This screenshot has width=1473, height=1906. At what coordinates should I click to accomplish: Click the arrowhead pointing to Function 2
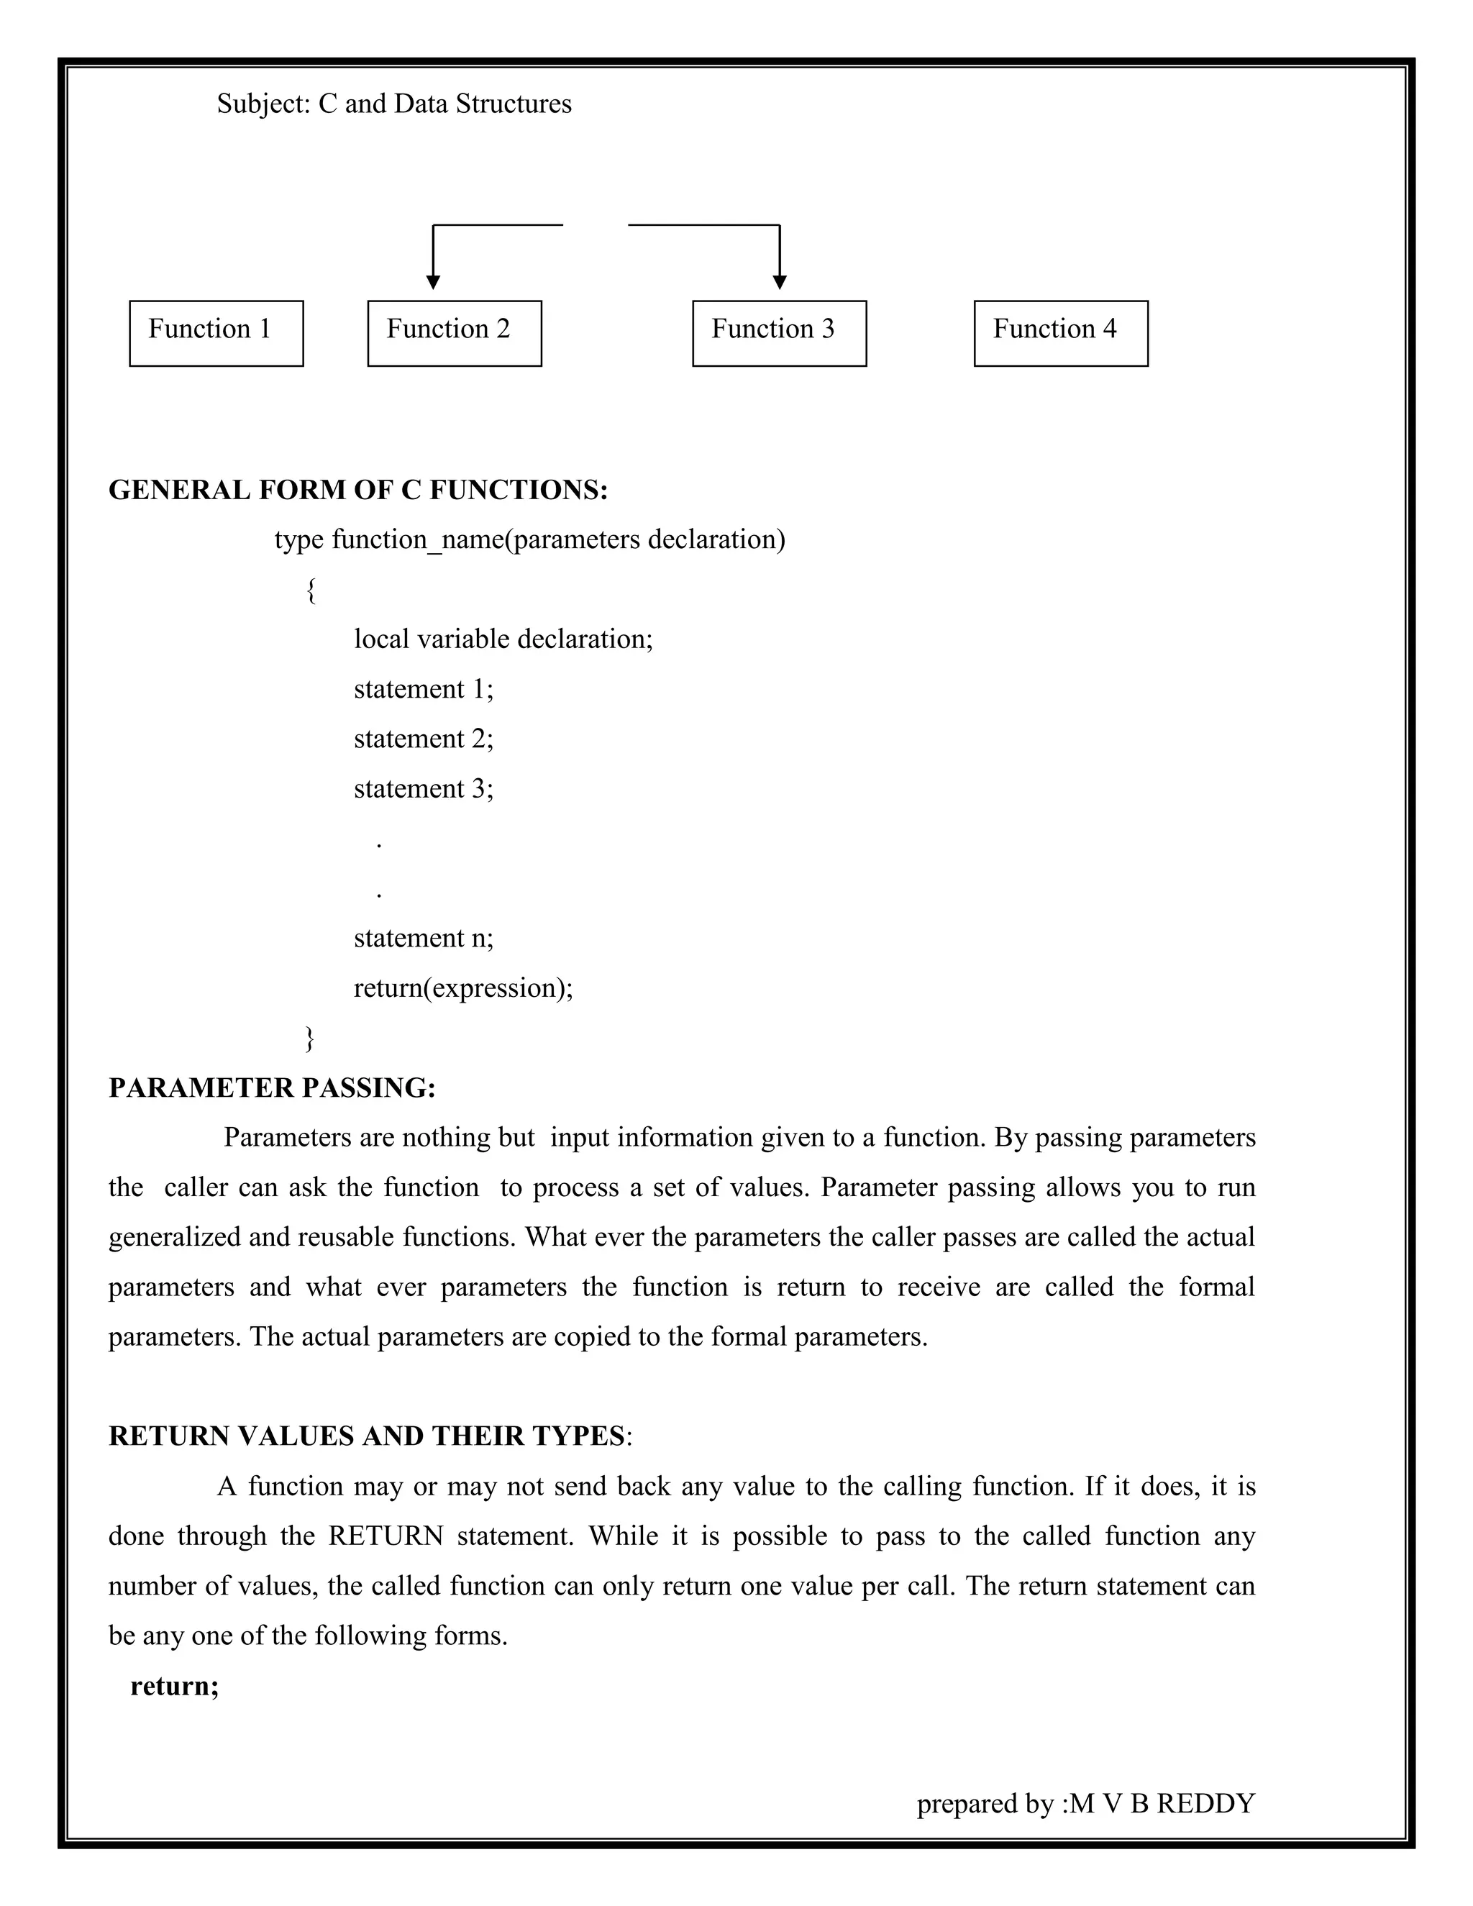pos(433,282)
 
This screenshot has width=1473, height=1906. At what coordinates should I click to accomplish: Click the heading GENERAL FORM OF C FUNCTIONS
pos(357,491)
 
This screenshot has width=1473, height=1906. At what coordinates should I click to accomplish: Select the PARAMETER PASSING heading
pos(271,1087)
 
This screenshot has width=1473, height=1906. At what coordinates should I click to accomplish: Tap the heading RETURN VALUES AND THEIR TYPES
pos(367,1436)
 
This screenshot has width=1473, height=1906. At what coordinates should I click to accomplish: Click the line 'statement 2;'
pos(423,739)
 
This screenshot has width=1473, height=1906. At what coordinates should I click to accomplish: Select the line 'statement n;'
pos(423,938)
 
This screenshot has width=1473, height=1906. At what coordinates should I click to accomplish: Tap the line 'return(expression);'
pos(463,988)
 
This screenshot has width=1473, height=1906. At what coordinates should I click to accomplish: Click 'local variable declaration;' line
pos(503,639)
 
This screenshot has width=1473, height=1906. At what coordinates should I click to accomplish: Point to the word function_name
pos(418,540)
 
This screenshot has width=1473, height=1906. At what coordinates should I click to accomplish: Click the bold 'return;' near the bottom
pos(175,1685)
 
